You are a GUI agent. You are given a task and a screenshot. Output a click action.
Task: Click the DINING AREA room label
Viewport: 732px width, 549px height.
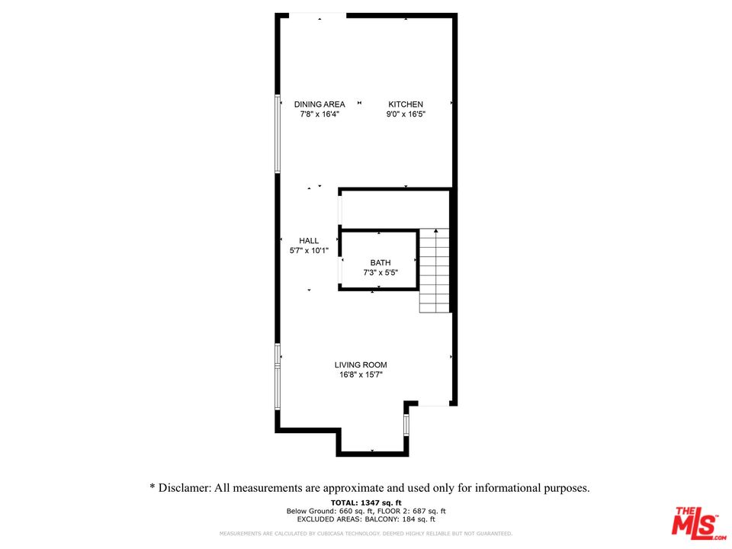pyautogui.click(x=319, y=104)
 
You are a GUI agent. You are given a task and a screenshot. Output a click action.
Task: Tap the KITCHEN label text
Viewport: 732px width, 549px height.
pyautogui.click(x=406, y=104)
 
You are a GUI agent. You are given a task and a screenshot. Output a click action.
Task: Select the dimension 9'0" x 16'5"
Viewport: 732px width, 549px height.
pyautogui.click(x=406, y=114)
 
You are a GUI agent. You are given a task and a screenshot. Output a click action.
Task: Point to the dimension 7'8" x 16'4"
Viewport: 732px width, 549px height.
pyautogui.click(x=319, y=114)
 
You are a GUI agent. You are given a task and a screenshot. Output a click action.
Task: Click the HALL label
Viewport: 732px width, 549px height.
pyautogui.click(x=309, y=241)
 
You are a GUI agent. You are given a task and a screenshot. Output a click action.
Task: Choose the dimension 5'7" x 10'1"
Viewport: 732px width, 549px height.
pyautogui.click(x=309, y=251)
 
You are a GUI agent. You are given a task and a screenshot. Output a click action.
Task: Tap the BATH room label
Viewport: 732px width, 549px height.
pyautogui.click(x=380, y=262)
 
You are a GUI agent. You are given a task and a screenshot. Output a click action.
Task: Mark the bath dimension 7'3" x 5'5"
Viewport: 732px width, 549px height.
pyautogui.click(x=380, y=272)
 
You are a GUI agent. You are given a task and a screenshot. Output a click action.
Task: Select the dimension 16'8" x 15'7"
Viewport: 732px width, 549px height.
pyautogui.click(x=361, y=375)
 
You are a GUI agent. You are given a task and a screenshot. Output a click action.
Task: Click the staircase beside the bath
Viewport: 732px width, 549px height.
pyautogui.click(x=435, y=271)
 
